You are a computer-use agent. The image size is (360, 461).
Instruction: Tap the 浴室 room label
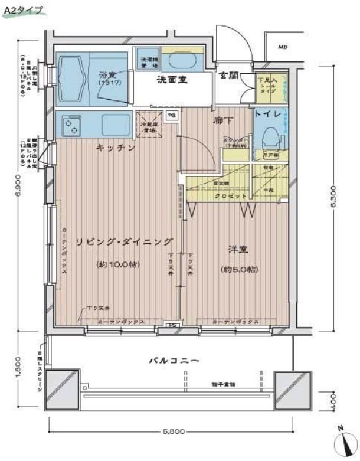pos(107,76)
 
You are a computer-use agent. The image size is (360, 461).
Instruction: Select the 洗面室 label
pos(172,80)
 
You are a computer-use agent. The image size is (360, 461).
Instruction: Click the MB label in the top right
pos(283,47)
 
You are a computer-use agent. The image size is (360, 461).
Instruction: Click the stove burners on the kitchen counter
pos(73,125)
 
